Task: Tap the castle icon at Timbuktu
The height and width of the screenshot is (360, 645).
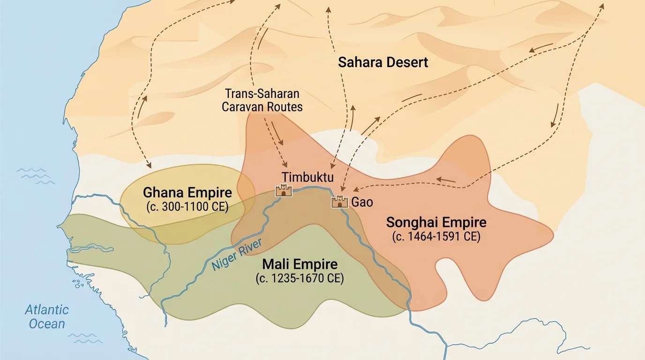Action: [284, 190]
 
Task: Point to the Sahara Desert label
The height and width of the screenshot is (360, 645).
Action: [383, 62]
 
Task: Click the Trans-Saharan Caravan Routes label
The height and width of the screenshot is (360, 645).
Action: [262, 100]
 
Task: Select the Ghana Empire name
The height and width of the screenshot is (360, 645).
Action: [187, 193]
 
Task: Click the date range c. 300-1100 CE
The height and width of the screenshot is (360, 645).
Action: [187, 206]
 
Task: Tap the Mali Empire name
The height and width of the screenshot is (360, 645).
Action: [300, 264]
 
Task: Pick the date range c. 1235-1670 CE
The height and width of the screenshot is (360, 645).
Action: [300, 278]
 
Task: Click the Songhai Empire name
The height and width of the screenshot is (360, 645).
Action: [436, 222]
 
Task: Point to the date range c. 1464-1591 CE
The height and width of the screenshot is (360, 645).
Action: [436, 237]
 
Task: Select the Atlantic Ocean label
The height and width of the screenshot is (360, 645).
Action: [47, 316]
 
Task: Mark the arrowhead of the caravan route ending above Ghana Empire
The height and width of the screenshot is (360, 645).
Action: [149, 165]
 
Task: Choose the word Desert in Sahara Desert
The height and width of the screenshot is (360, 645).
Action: [406, 62]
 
